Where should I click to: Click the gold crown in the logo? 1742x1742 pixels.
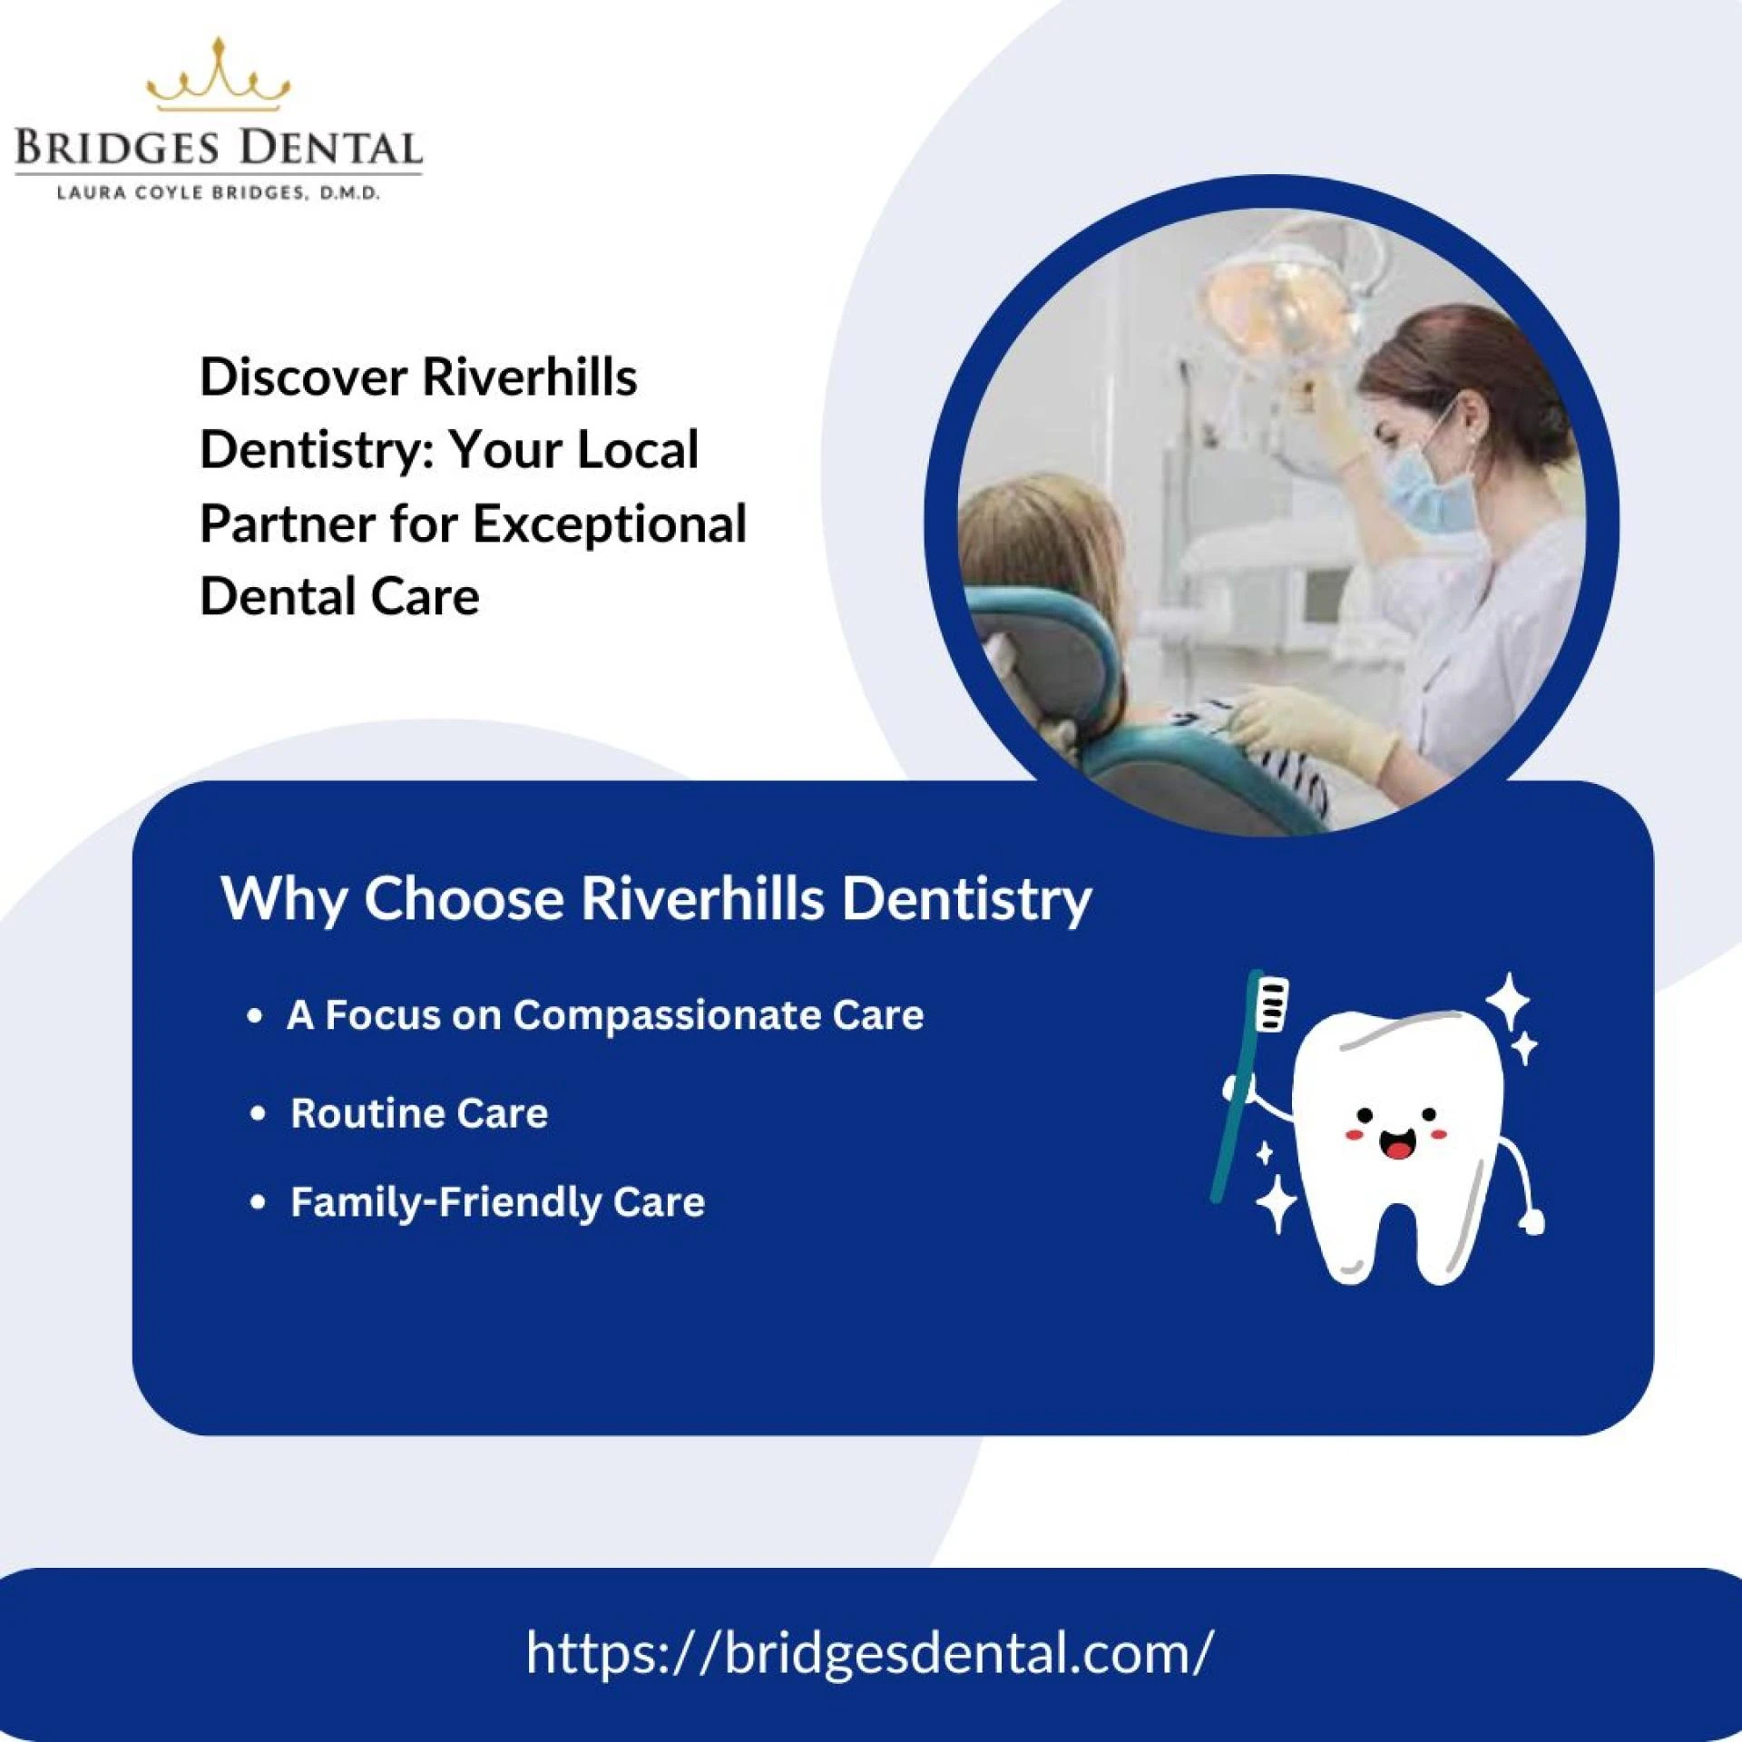(218, 76)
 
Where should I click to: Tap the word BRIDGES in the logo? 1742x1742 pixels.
(117, 149)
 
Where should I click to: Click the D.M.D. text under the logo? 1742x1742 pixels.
(349, 193)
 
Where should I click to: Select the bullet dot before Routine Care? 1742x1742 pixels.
(259, 1113)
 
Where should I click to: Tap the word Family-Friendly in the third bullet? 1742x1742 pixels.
(445, 1202)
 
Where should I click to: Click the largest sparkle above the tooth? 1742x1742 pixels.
(1508, 1000)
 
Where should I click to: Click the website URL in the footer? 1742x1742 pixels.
(868, 1652)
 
